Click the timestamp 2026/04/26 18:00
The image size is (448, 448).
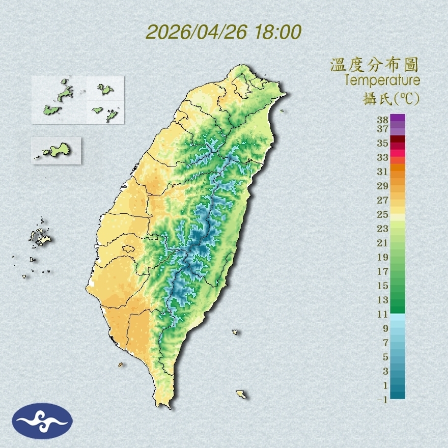223,32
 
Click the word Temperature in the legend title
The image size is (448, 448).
382,80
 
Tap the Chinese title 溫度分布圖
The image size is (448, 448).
374,65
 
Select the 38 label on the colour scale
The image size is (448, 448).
383,120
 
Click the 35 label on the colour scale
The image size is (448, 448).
383,144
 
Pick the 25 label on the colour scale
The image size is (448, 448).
383,214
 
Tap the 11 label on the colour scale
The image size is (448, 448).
383,314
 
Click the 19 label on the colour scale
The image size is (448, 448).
383,257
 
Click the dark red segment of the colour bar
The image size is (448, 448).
398,139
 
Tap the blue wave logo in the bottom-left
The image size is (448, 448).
43,421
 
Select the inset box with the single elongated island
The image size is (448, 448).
56,151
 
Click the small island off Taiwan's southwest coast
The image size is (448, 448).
121,364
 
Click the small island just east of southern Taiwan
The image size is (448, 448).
235,332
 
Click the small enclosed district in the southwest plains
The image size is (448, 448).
128,249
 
